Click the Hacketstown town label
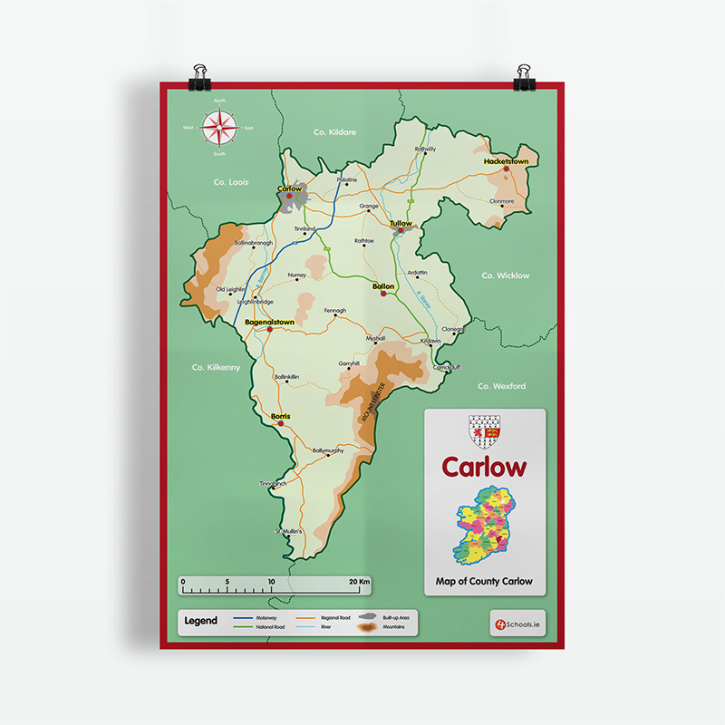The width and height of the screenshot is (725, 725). [506, 161]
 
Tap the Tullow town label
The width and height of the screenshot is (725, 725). [400, 223]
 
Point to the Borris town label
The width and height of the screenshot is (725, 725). [280, 416]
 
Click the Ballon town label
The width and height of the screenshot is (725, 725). [383, 286]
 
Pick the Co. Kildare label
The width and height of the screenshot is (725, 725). [334, 132]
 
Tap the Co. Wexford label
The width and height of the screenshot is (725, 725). [501, 386]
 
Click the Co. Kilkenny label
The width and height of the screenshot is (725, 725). [216, 367]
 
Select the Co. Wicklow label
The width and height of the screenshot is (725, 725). [505, 275]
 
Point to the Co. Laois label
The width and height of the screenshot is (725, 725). [231, 182]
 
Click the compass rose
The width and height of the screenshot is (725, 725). [219, 128]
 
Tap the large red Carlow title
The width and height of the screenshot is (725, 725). [484, 468]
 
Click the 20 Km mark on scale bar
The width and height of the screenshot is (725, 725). [360, 581]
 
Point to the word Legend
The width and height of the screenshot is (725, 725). [200, 622]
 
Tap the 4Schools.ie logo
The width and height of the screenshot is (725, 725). [516, 623]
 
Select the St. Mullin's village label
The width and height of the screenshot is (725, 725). [287, 531]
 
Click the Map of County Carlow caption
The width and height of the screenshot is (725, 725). [484, 581]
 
